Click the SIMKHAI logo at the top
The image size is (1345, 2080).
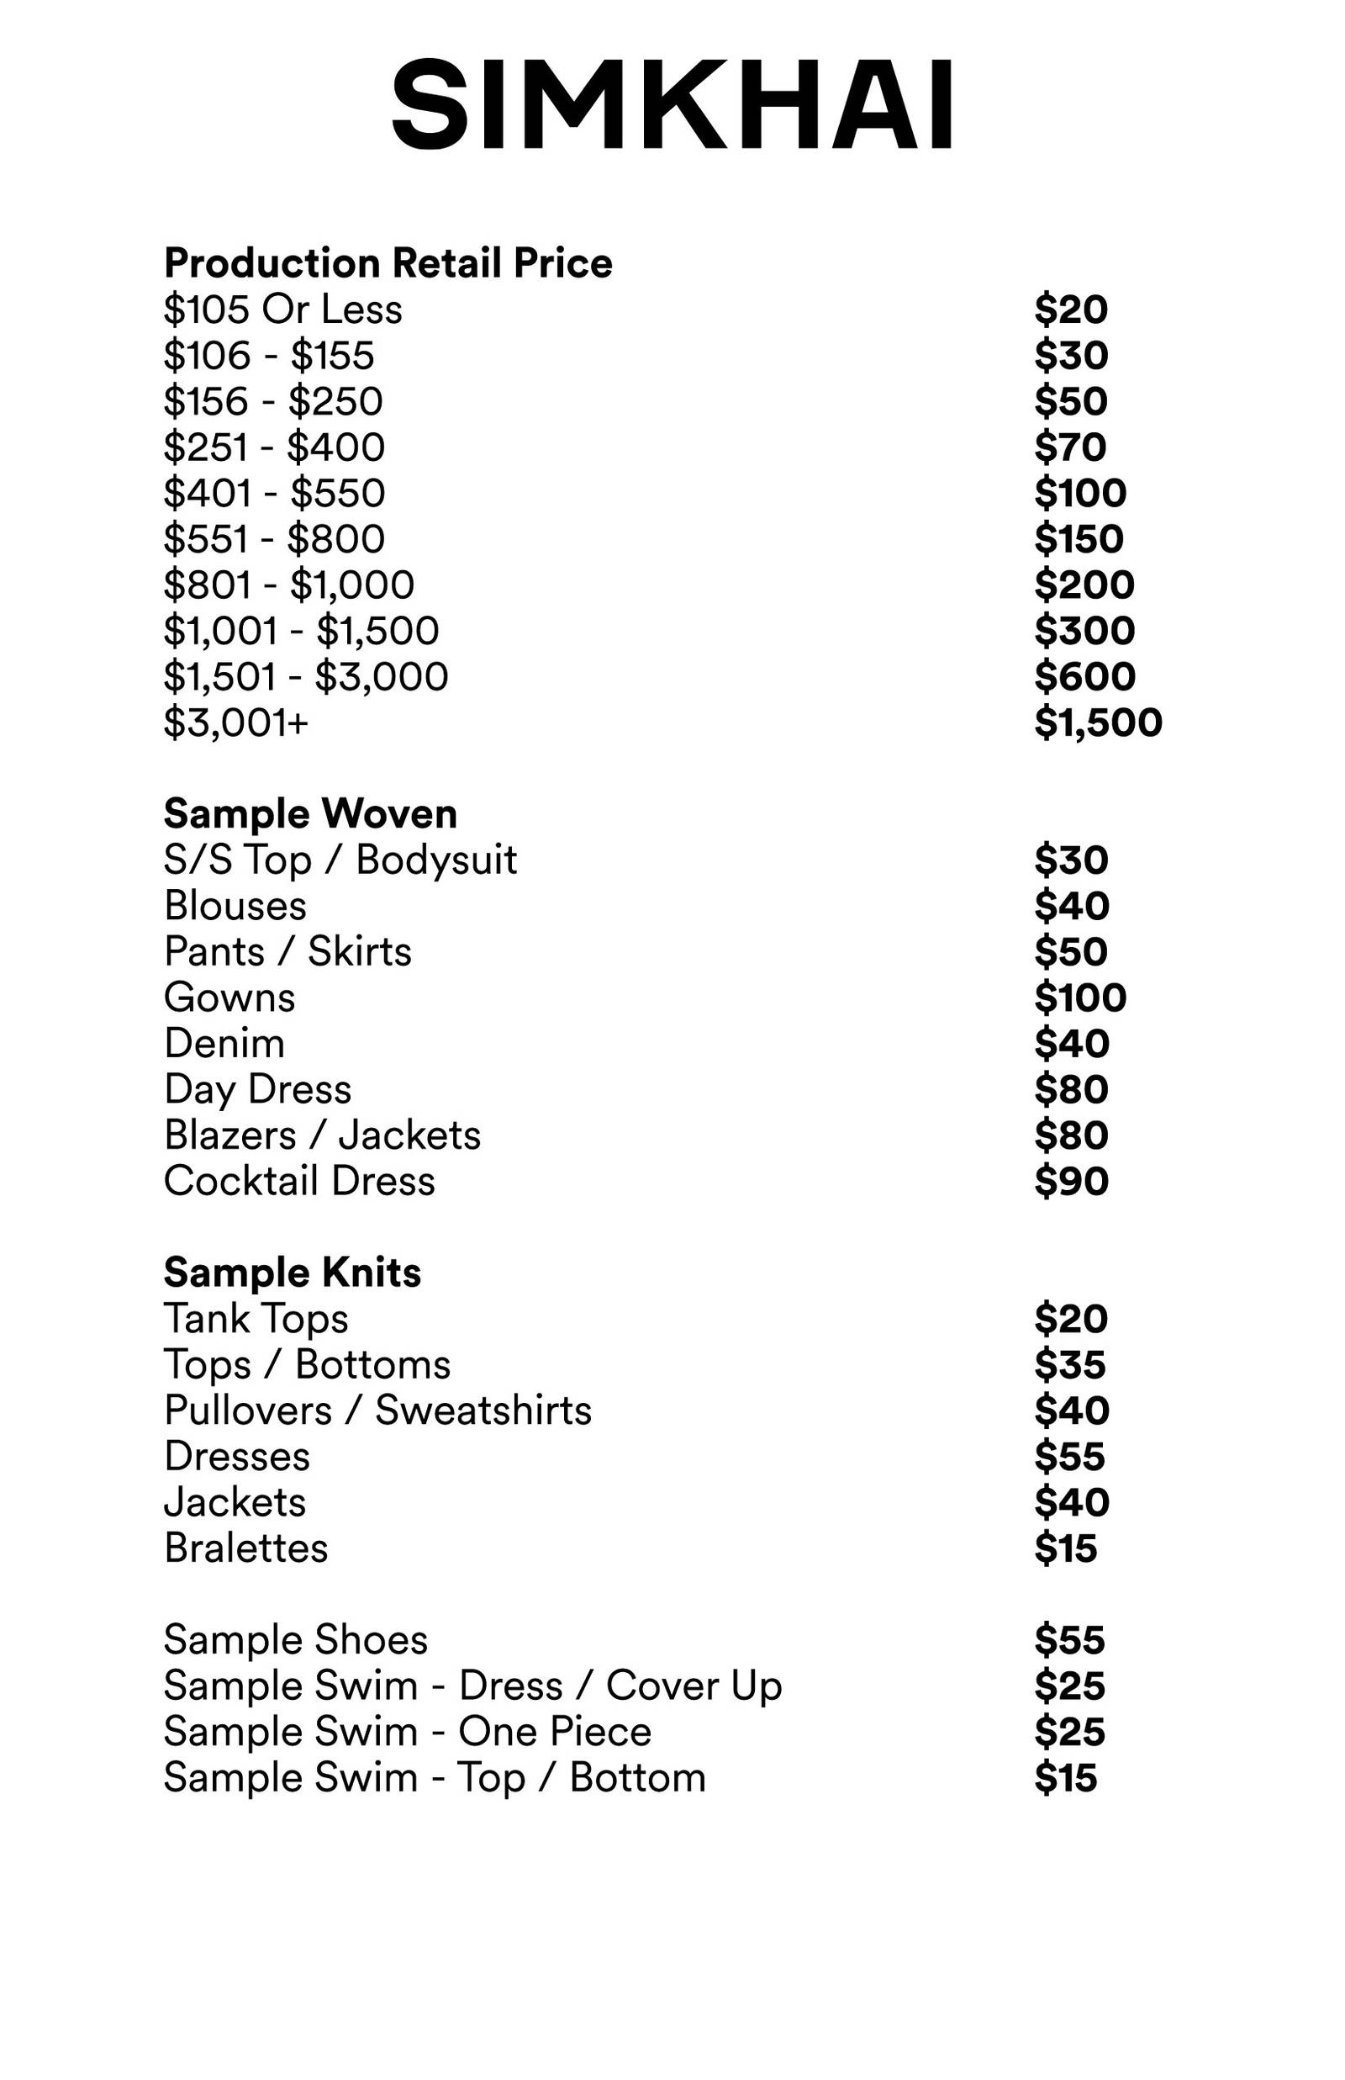[x=672, y=106]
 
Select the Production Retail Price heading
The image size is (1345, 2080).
[x=388, y=263]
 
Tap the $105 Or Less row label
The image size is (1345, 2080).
[x=283, y=310]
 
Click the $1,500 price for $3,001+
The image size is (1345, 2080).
[x=1098, y=722]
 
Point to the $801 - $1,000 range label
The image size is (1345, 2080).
[x=288, y=585]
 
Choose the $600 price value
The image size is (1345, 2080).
[x=1084, y=676]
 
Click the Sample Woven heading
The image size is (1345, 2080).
[x=310, y=813]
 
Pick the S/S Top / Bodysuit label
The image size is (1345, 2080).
[x=340, y=860]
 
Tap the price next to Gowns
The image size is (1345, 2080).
[x=1080, y=998]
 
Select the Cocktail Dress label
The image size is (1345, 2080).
[x=298, y=1181]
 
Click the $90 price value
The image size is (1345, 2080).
[x=1072, y=1181]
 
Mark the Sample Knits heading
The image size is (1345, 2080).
[x=292, y=1272]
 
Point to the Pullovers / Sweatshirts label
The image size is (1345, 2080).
[x=377, y=1410]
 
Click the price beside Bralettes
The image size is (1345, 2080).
[x=1066, y=1548]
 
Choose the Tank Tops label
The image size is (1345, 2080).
[x=256, y=1318]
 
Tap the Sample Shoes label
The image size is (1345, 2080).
[x=295, y=1640]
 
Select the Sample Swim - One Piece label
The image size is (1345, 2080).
[x=407, y=1732]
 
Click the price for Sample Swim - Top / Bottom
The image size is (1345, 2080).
[x=1066, y=1778]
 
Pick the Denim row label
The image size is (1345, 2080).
[x=224, y=1043]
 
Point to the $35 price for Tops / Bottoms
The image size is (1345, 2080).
[x=1070, y=1364]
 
